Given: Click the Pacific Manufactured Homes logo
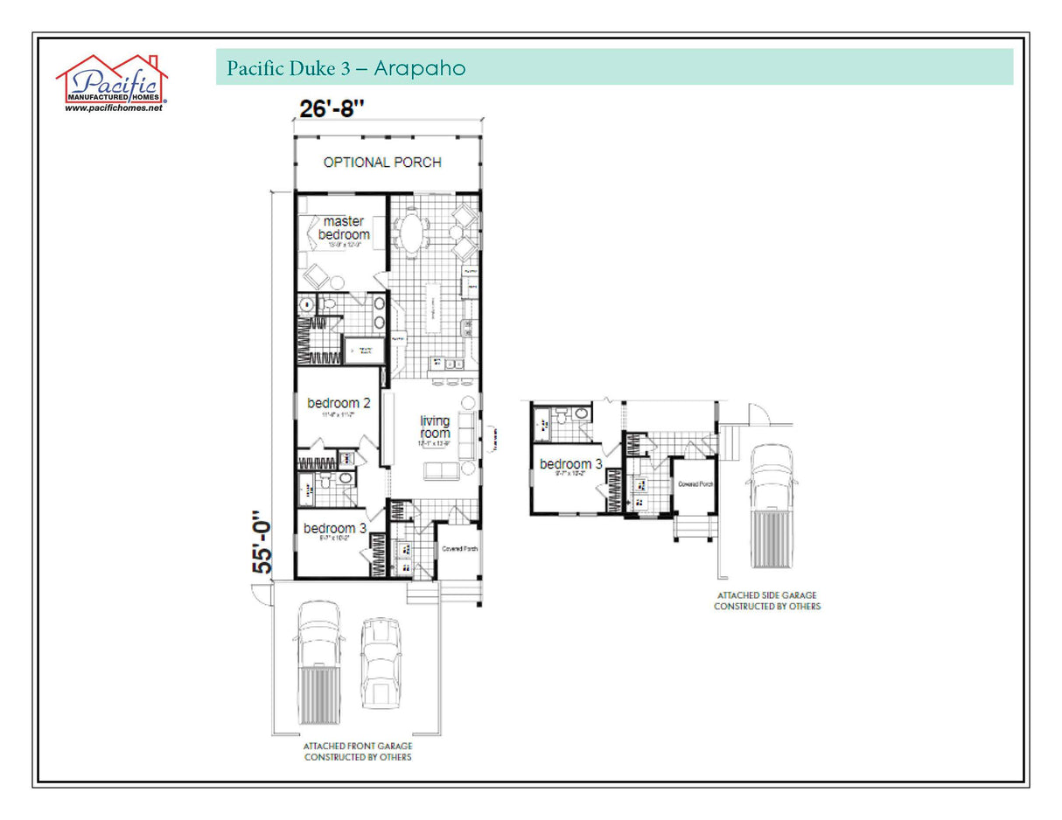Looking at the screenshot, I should click(112, 80).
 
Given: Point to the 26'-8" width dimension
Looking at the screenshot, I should click(332, 109).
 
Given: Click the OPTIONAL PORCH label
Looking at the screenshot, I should click(382, 162).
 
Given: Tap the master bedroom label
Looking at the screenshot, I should click(344, 228).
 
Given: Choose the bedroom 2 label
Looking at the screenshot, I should click(339, 403).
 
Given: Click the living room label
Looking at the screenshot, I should click(435, 427).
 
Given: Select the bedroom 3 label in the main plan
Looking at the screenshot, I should click(335, 528).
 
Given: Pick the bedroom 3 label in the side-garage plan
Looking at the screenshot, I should click(570, 464).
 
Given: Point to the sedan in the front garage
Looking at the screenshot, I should click(381, 662).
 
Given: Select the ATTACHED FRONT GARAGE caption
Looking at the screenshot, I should click(358, 751).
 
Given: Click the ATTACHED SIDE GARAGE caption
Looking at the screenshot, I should click(767, 601).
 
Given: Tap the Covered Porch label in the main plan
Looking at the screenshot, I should click(458, 549).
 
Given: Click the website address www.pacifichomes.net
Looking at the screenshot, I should click(114, 108).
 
